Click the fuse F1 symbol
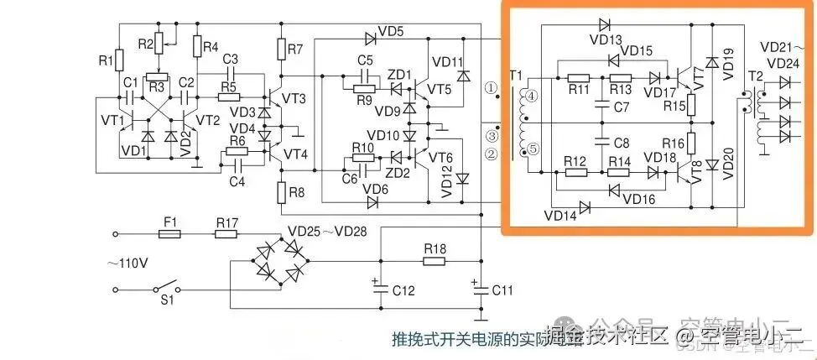170,236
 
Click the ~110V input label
127,263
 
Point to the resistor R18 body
435,261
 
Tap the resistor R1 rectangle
119,60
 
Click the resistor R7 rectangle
281,50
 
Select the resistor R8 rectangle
281,191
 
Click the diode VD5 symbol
369,38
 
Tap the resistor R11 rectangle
577,77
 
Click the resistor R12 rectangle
575,172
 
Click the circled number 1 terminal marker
492,87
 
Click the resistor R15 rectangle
693,105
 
